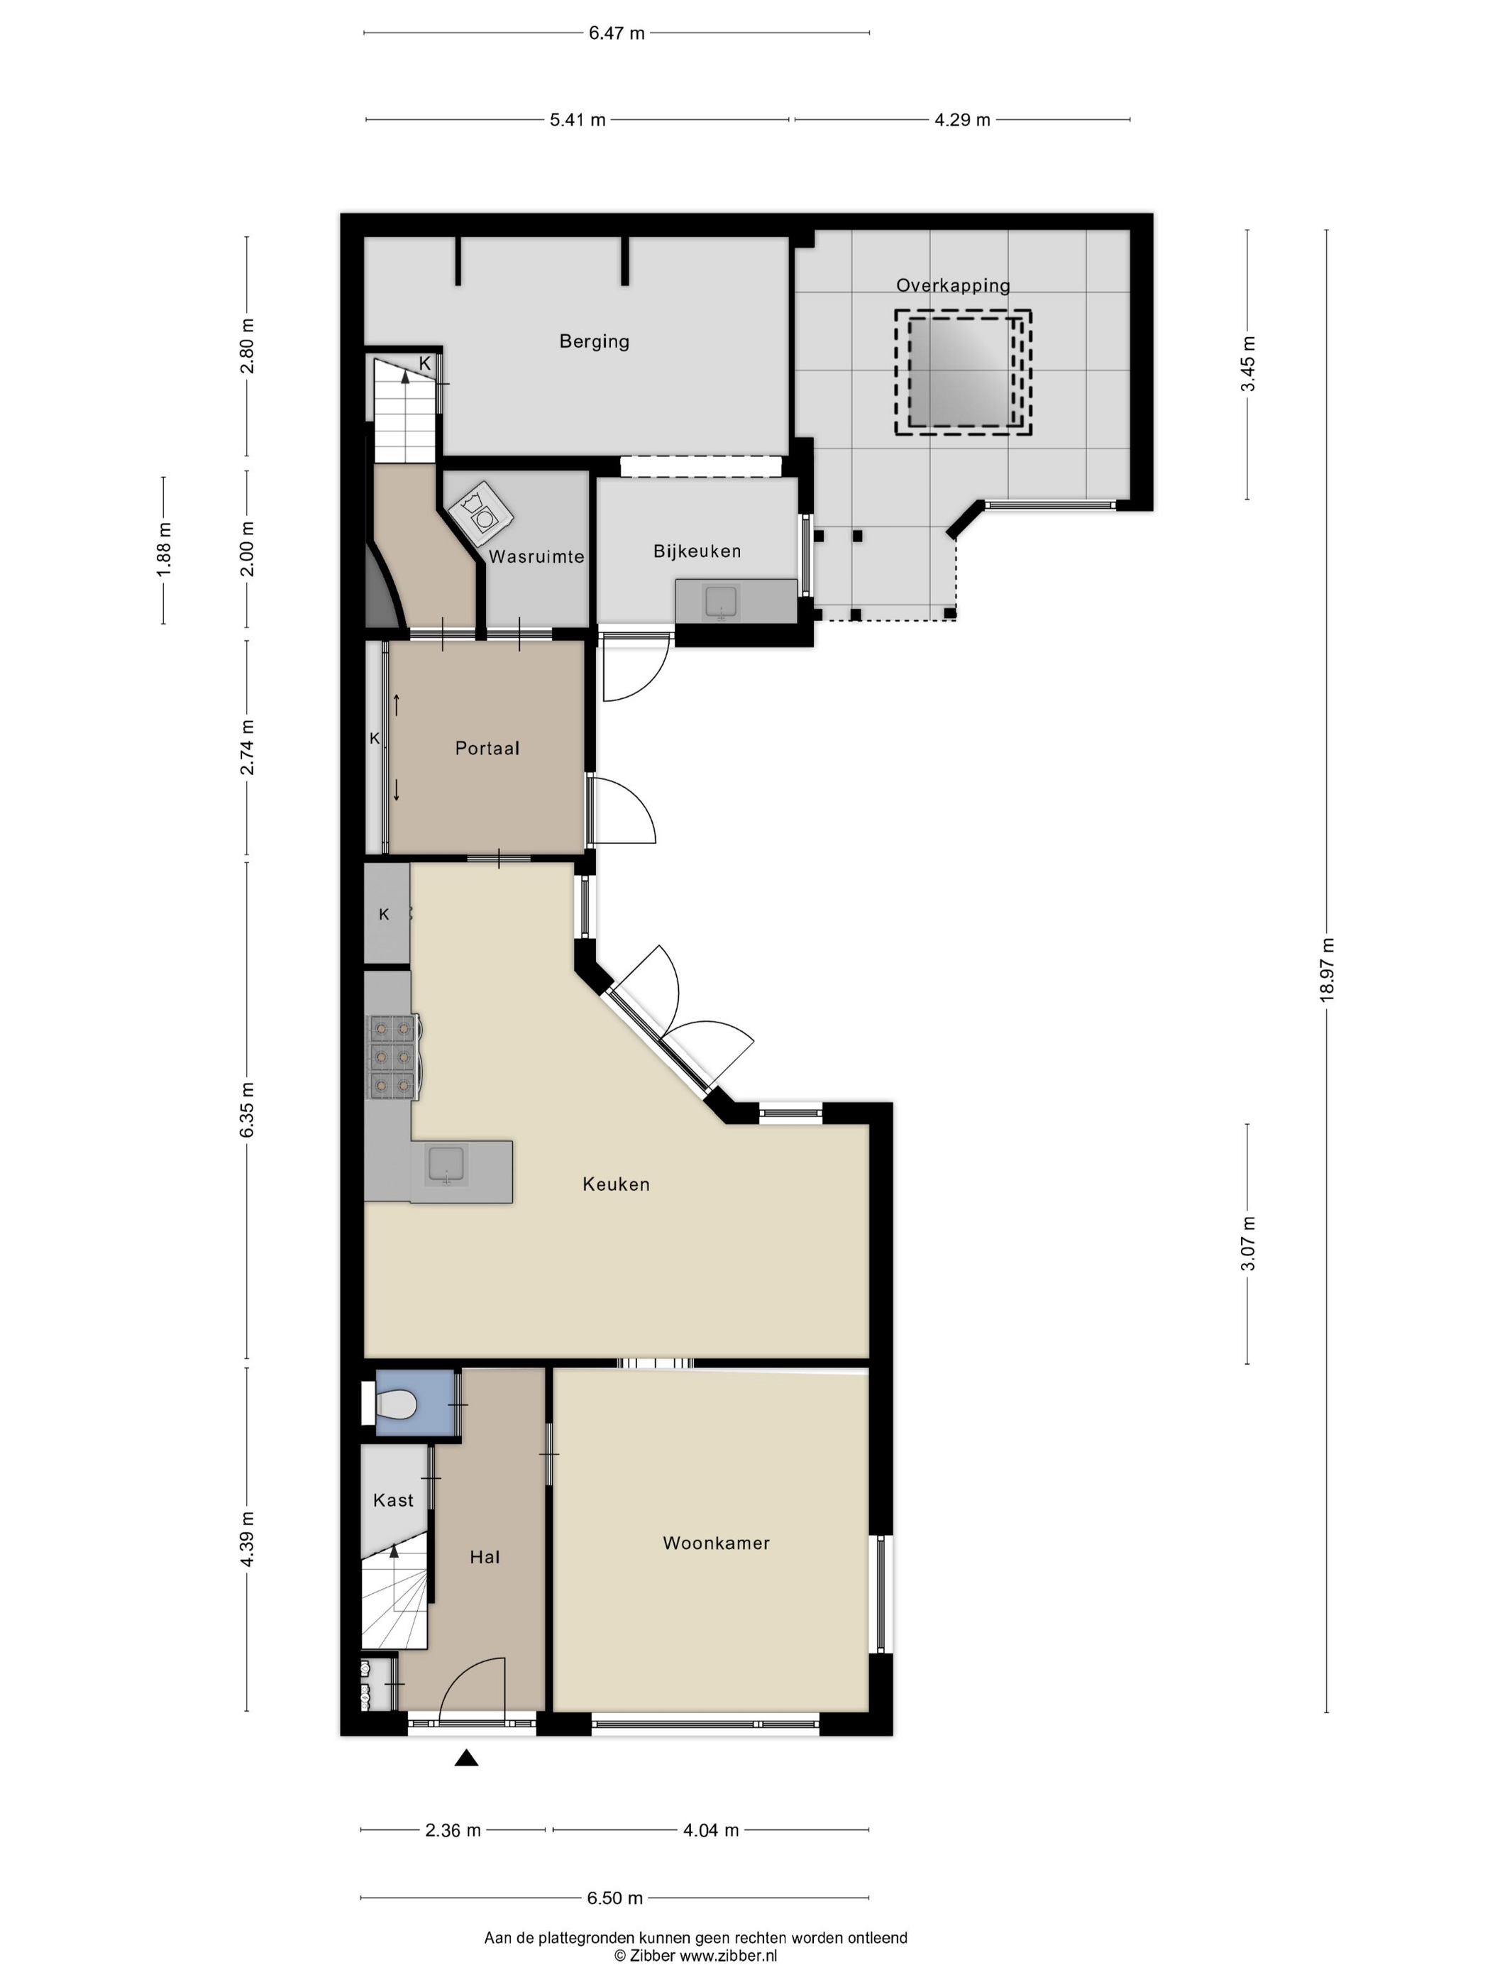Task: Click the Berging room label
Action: (594, 341)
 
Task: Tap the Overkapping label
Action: (953, 286)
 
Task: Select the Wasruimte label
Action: (536, 556)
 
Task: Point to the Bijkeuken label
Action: (697, 551)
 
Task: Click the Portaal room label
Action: (487, 748)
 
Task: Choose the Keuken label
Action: (616, 1184)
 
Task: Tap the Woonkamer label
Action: (716, 1543)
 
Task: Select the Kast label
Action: (393, 1500)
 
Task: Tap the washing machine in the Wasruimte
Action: (480, 514)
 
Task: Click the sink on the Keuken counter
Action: (446, 1167)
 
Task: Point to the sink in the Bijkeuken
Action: (720, 602)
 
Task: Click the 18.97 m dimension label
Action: (1327, 969)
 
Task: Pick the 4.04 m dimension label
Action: (710, 1829)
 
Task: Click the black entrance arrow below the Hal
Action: (466, 1758)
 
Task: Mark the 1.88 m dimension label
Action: (163, 550)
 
